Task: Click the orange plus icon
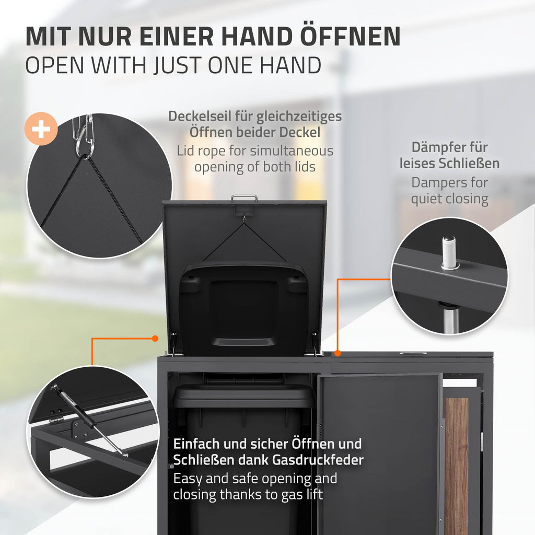41,129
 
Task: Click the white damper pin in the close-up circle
448,252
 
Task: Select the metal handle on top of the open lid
244,198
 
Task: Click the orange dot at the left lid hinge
155,339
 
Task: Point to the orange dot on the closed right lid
338,353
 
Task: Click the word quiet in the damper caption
426,199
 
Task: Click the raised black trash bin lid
243,307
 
